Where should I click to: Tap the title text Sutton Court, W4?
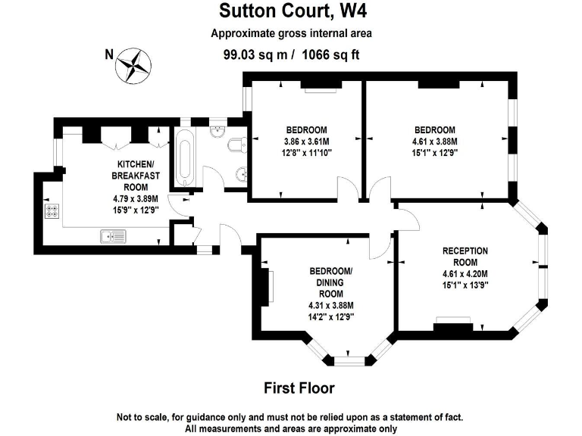291,12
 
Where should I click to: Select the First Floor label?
299,388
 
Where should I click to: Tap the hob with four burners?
52,212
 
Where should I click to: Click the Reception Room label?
465,257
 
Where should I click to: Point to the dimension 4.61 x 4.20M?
465,274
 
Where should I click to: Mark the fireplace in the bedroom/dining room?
267,288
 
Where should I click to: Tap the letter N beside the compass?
109,54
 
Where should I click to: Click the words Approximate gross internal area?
291,33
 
